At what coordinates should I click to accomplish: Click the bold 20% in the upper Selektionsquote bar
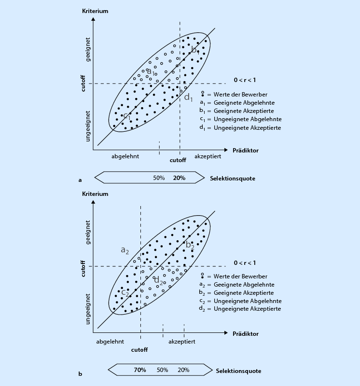point(179,178)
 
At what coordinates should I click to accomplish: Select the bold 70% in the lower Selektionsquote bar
point(140,370)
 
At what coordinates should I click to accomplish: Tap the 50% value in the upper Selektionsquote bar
point(159,178)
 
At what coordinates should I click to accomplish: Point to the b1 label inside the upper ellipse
point(195,50)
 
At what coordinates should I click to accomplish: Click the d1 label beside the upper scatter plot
point(189,98)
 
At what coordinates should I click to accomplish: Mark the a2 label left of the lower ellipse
point(125,250)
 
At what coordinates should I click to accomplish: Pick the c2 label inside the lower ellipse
point(125,292)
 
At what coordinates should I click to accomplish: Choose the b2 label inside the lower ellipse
point(190,245)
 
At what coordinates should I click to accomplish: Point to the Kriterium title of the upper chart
point(95,10)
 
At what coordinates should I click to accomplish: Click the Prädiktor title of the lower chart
point(245,333)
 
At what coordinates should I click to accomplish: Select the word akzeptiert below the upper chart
point(208,157)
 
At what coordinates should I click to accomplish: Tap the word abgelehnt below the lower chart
point(110,341)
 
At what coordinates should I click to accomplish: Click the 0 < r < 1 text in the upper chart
point(245,80)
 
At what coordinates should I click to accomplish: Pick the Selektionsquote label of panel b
point(239,371)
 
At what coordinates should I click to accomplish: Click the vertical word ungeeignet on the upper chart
point(88,125)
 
